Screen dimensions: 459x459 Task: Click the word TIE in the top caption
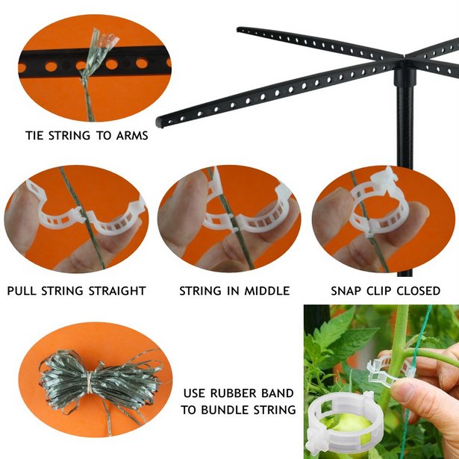34,136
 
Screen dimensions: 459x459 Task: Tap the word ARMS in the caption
132,136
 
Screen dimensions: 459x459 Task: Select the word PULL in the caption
20,291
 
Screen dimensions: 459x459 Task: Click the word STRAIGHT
117,291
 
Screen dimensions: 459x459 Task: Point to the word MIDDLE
267,291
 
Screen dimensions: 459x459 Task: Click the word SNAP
346,291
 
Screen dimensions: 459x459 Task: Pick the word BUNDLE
225,410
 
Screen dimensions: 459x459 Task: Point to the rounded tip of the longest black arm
160,122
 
